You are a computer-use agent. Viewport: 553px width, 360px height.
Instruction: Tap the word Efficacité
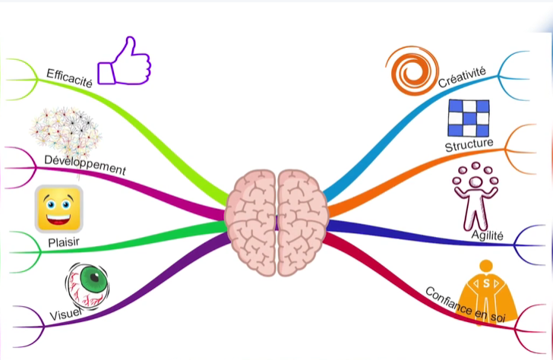coord(69,78)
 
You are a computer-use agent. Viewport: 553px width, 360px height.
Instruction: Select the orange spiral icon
coord(411,69)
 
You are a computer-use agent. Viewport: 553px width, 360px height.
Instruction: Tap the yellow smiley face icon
coord(58,209)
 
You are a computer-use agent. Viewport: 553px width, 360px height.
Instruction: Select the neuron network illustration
coord(67,134)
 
